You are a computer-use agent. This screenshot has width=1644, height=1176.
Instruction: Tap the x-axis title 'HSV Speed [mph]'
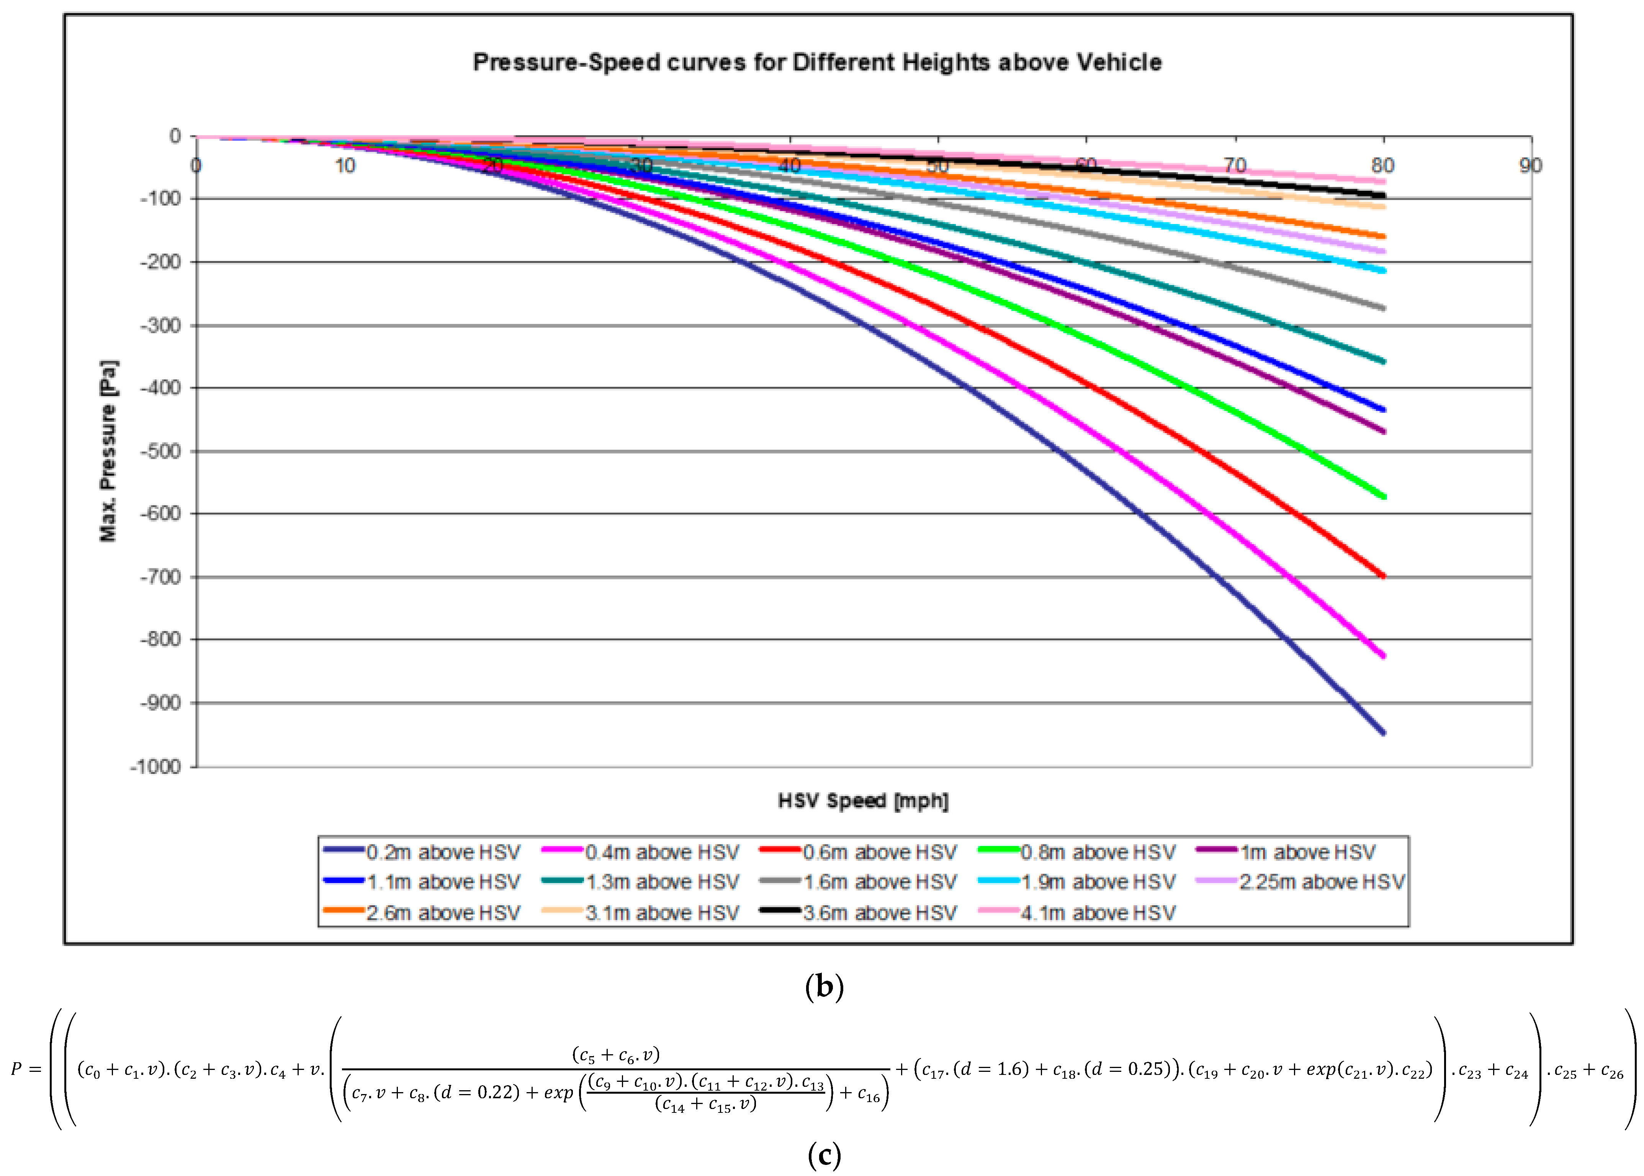pyautogui.click(x=862, y=800)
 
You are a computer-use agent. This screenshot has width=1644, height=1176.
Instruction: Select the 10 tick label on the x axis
pyautogui.click(x=345, y=166)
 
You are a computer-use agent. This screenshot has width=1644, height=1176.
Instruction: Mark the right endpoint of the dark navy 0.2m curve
pyautogui.click(x=1383, y=733)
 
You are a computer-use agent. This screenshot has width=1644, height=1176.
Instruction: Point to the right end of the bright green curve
pyautogui.click(x=1383, y=497)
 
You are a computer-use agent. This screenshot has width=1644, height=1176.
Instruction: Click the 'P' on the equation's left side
pyautogui.click(x=16, y=1069)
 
